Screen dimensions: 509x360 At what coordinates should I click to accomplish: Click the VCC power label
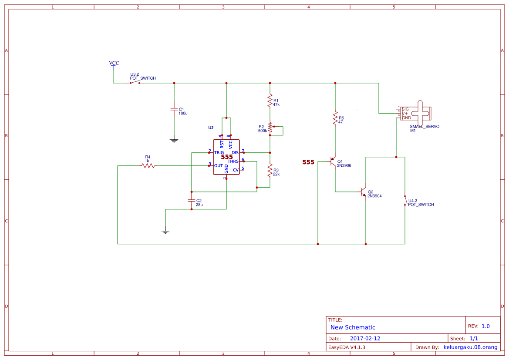click(114, 64)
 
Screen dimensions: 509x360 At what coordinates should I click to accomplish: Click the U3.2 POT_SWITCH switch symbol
click(135, 83)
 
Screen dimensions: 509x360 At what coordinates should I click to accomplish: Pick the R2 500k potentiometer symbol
click(270, 128)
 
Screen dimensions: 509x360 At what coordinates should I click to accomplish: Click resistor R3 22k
click(270, 170)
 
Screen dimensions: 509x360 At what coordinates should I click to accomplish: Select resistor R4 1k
click(148, 165)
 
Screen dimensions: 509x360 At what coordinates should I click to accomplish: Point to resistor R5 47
click(335, 118)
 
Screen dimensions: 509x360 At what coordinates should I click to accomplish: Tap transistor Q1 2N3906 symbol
click(333, 161)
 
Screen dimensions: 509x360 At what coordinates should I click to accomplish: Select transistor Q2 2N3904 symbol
click(363, 192)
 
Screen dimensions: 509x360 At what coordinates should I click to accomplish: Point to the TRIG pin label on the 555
click(219, 153)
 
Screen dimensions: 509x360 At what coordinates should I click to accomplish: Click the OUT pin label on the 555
click(219, 166)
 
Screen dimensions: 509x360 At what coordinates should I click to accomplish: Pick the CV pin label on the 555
click(236, 170)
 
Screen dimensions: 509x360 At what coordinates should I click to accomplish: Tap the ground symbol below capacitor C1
click(174, 140)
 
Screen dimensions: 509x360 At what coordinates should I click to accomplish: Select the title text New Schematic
click(353, 327)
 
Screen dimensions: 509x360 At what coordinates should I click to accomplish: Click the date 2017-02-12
click(365, 339)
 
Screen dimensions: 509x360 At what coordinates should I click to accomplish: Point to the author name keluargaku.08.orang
click(470, 347)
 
